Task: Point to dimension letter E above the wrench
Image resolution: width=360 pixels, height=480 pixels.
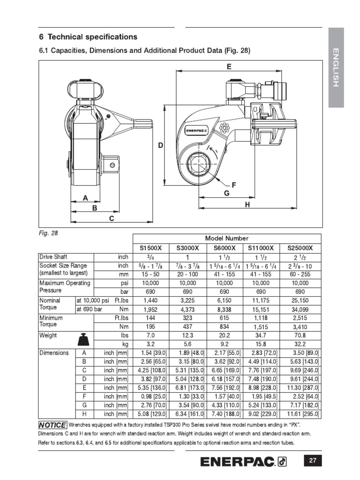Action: [229, 67]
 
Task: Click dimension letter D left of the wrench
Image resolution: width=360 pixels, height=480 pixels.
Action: [160, 146]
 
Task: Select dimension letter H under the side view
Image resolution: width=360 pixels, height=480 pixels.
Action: [247, 204]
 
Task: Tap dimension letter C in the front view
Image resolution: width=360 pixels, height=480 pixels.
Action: [112, 218]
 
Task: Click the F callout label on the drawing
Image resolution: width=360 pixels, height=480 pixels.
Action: [233, 185]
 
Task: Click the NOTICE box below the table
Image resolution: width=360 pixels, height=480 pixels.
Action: [52, 425]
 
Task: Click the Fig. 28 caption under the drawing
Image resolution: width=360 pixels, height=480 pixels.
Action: [48, 232]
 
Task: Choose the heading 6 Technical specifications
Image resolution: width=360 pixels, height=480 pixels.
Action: [88, 37]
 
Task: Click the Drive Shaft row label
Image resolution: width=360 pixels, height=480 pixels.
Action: [53, 257]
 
